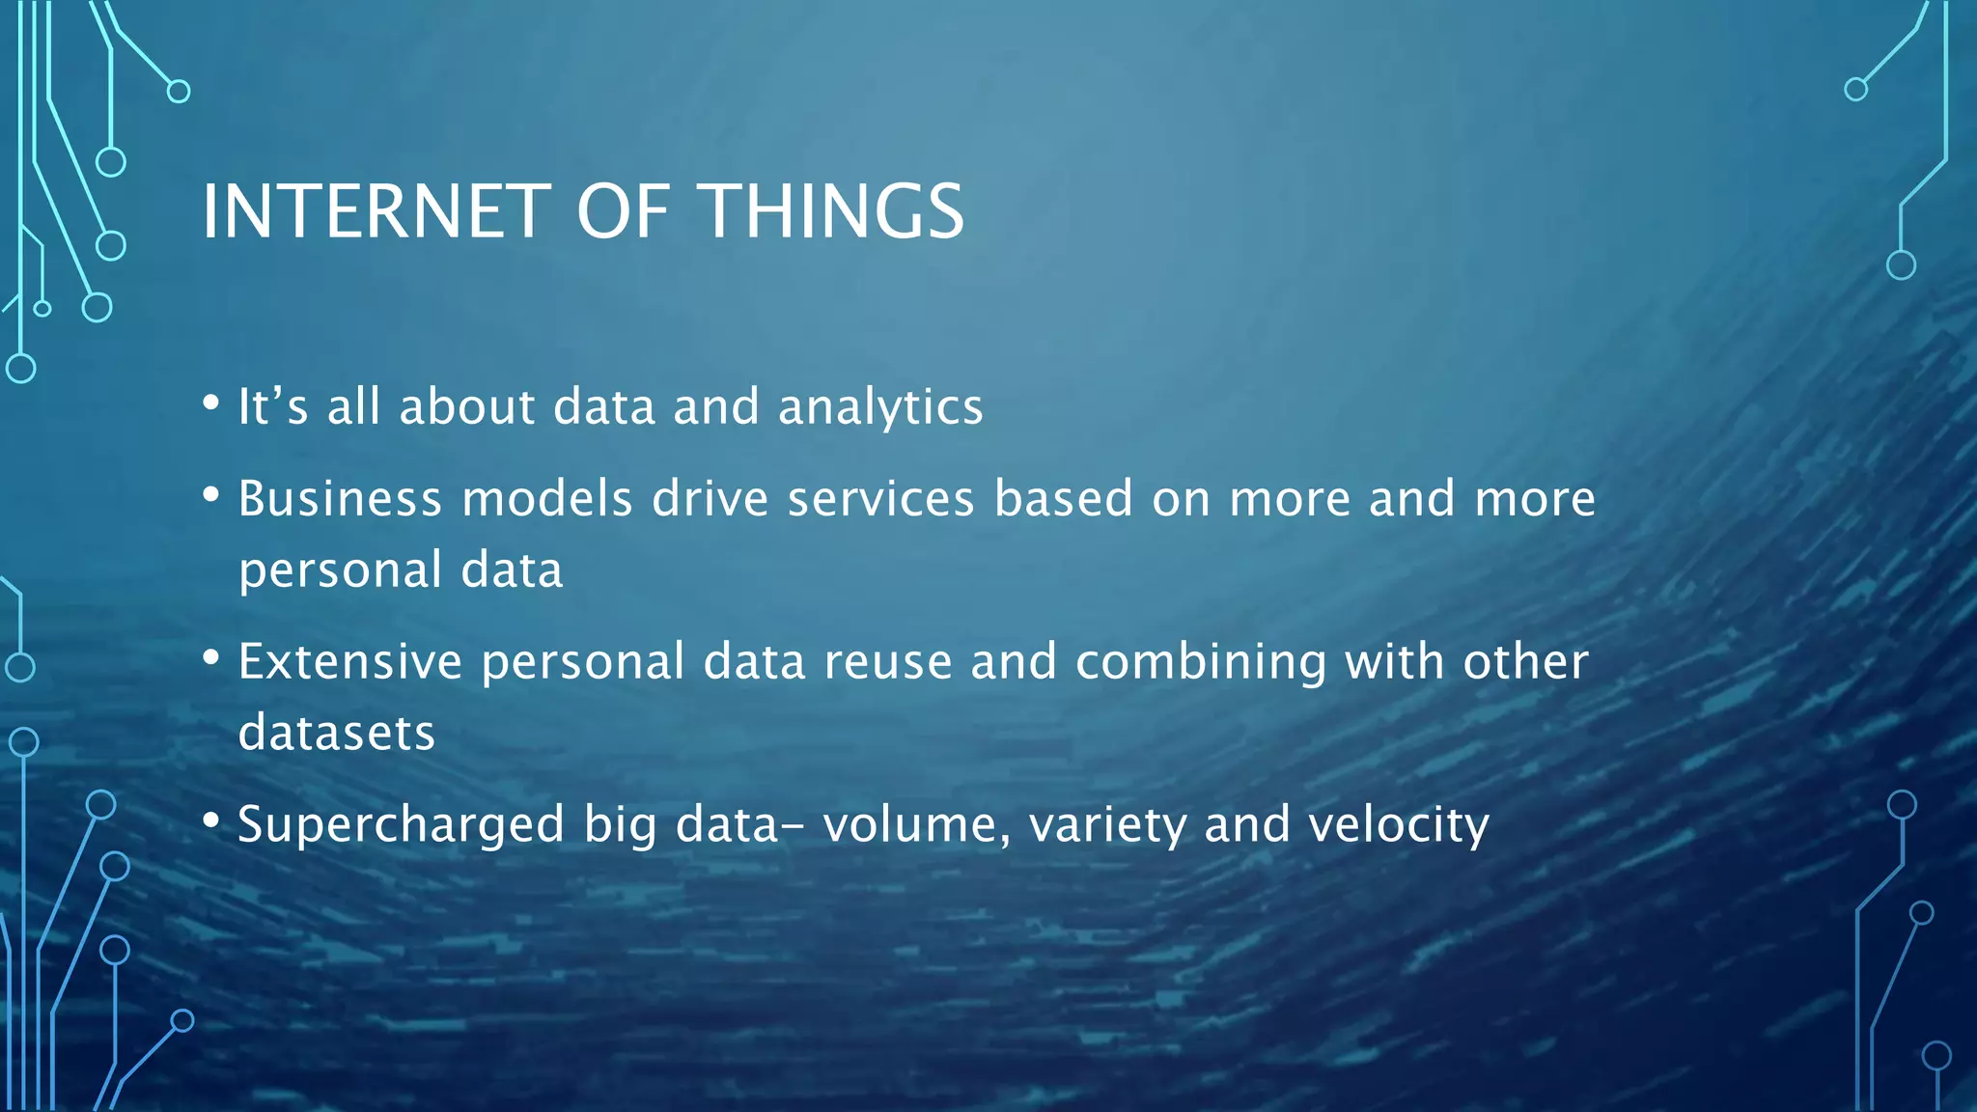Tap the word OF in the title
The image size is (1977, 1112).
click(623, 211)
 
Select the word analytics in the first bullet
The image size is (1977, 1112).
click(880, 407)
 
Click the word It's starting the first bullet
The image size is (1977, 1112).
click(272, 406)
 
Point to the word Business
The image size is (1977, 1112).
click(339, 499)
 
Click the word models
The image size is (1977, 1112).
click(546, 499)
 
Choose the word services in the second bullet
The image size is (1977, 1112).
click(880, 499)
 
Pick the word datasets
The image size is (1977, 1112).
click(337, 733)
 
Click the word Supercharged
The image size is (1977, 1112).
click(401, 825)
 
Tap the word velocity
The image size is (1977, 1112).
click(1399, 825)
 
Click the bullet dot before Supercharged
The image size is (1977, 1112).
click(211, 820)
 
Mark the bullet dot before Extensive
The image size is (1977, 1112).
click(211, 657)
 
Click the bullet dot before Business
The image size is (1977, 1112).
click(211, 494)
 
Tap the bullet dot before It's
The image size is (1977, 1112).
click(211, 403)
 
